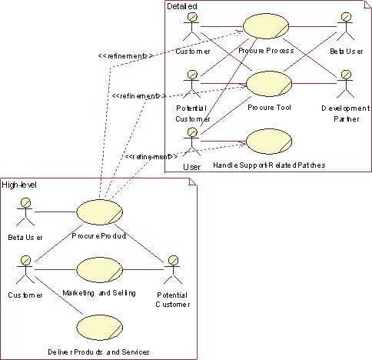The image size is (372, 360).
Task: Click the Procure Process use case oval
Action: (x=266, y=26)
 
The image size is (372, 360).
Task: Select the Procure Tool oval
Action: (x=269, y=84)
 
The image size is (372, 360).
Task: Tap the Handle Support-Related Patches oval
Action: (x=269, y=142)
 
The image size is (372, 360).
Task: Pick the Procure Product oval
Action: (x=100, y=212)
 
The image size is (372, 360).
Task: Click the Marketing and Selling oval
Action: (x=100, y=270)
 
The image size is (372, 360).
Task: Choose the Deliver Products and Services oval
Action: (x=100, y=328)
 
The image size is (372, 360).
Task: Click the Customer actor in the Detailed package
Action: (x=192, y=26)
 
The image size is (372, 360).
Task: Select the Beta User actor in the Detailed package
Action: (x=346, y=26)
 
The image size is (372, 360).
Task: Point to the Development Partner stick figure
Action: (x=346, y=84)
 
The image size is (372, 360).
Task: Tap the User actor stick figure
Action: (x=192, y=142)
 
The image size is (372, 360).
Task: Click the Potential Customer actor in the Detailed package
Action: (x=192, y=84)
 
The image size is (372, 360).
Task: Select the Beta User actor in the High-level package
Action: (x=25, y=212)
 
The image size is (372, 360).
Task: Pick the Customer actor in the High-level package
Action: (x=25, y=269)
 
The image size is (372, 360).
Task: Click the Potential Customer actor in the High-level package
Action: (x=173, y=269)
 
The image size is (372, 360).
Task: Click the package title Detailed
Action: (x=182, y=6)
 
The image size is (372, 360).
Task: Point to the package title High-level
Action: (x=19, y=185)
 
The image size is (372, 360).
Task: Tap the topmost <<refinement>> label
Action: (x=125, y=56)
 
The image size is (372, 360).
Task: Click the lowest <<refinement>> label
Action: (x=151, y=156)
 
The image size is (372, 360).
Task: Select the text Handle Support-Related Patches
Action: (x=269, y=165)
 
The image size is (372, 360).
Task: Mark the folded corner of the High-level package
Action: (x=193, y=182)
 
